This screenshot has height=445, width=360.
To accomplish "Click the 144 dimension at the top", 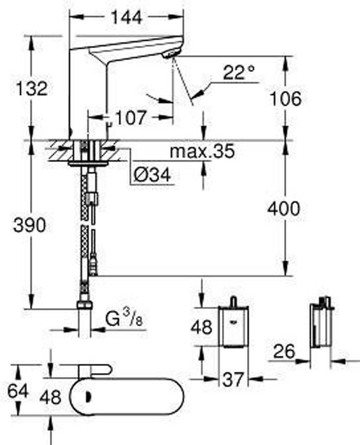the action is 127,17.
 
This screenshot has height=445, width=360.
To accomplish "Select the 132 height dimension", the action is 31,88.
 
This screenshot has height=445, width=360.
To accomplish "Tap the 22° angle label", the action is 239,72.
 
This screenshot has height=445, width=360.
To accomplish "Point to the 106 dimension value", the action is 285,99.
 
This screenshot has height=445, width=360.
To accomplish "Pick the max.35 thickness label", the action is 203,151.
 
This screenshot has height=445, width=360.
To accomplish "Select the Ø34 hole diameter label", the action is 152,174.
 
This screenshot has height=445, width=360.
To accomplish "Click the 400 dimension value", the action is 284,208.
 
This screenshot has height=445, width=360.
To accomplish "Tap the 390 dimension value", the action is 29,225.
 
